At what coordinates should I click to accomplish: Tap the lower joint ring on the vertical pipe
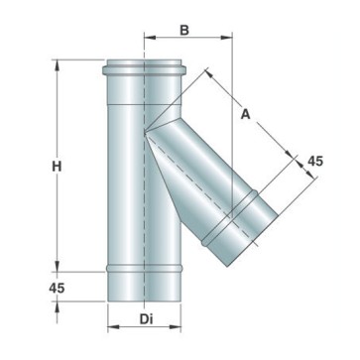pyautogui.click(x=144, y=271)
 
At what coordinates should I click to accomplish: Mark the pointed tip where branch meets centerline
pyautogui.click(x=146, y=129)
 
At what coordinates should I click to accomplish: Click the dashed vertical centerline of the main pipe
pyautogui.click(x=145, y=198)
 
